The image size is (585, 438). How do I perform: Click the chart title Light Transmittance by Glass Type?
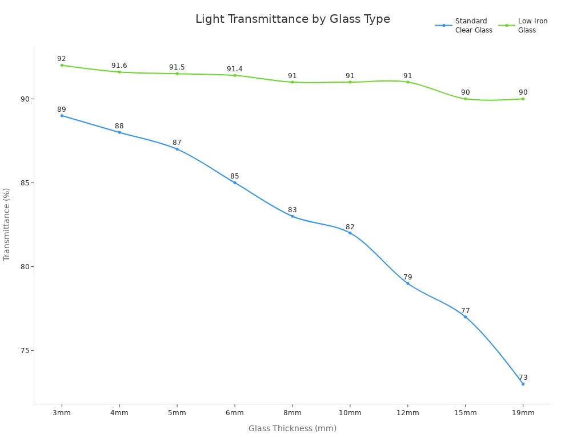(x=292, y=19)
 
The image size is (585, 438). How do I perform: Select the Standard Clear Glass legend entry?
(x=464, y=25)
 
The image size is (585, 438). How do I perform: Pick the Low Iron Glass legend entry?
(x=523, y=25)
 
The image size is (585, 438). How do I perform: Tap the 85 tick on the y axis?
(x=25, y=183)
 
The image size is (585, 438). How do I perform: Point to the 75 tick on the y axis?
(x=25, y=351)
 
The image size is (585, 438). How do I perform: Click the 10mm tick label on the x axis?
(x=350, y=413)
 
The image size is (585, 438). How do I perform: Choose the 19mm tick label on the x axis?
(x=523, y=413)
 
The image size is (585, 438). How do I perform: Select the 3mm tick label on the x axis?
(x=62, y=413)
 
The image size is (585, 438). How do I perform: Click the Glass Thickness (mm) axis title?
(x=292, y=428)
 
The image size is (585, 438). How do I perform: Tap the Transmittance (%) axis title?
(x=6, y=225)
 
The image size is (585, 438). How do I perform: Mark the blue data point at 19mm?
(x=523, y=384)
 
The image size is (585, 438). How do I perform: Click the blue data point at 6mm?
(x=235, y=183)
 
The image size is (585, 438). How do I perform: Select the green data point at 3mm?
(x=62, y=65)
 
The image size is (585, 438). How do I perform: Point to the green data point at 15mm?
(x=465, y=99)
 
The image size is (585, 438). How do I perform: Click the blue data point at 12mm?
(x=408, y=283)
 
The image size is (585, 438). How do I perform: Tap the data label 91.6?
(x=119, y=66)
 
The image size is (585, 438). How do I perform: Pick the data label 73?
(x=523, y=378)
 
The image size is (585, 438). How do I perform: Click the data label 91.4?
(x=235, y=69)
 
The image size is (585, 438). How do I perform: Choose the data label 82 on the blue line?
(x=350, y=227)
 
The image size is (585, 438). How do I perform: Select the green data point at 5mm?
(x=177, y=74)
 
